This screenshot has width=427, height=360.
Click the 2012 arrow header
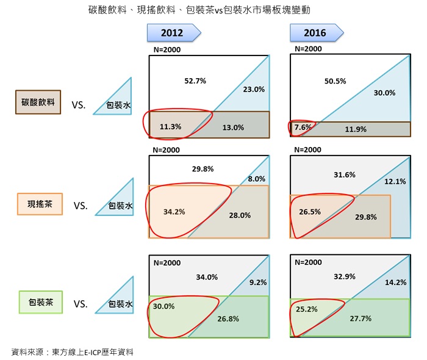(173, 33)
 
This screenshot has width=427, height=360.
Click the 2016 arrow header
(315, 33)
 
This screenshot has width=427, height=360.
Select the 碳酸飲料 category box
(38, 103)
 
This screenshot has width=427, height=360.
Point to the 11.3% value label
(170, 127)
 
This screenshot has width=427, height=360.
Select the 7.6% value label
(303, 128)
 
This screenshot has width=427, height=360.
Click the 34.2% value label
(174, 212)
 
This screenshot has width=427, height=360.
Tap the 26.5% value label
(310, 212)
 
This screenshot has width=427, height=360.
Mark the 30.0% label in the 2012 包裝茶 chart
(163, 306)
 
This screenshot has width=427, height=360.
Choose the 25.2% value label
(306, 309)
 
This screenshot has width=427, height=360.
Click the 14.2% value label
(395, 283)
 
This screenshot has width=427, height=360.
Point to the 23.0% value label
(254, 89)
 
